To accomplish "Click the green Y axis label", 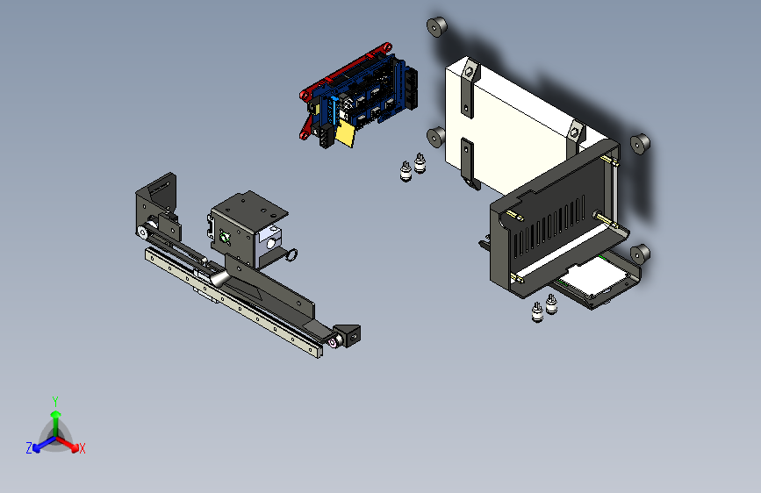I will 55,399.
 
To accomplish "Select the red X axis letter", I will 83,448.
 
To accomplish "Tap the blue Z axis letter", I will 29,447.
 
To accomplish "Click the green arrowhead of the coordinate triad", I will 55,413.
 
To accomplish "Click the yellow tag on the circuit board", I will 346,134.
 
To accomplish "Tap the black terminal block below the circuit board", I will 325,137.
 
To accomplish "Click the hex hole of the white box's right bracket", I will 575,132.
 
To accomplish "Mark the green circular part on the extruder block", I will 227,236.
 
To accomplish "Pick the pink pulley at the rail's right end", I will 337,339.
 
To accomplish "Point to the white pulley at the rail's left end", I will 142,232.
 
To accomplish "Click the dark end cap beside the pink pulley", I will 351,334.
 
